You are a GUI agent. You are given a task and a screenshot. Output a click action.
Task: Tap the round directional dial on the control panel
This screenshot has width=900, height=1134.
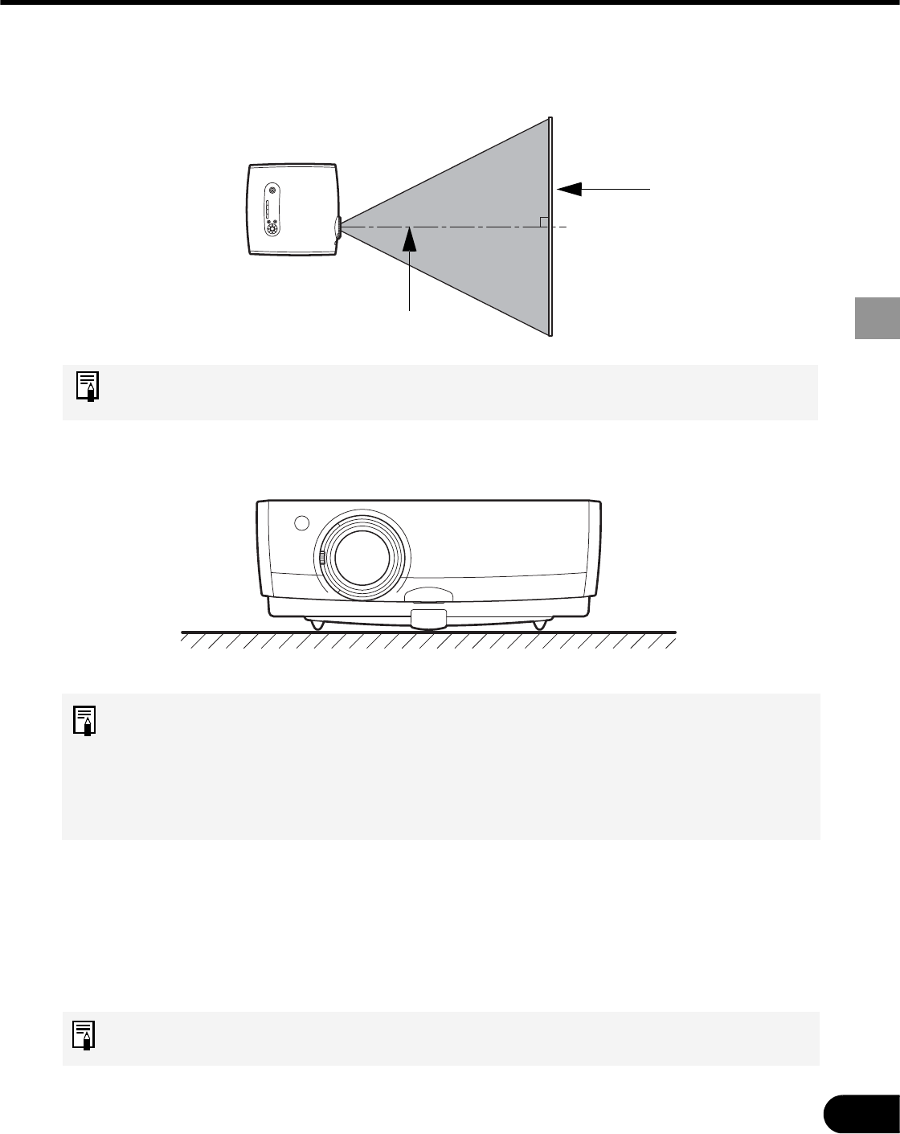[272, 228]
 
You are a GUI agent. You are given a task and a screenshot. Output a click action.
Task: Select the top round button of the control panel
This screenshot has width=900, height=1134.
[272, 190]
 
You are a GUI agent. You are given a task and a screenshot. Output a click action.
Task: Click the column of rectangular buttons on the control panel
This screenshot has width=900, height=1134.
[268, 210]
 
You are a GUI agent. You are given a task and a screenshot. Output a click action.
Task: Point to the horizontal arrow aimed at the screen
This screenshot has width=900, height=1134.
[603, 188]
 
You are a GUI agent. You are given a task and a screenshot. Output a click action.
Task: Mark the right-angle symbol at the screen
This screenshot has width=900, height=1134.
[544, 222]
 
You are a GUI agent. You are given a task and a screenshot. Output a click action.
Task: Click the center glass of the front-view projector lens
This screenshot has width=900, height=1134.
[362, 557]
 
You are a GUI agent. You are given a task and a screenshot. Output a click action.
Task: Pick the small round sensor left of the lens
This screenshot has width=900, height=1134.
[301, 522]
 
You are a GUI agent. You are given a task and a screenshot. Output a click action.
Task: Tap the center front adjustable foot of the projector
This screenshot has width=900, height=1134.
[428, 619]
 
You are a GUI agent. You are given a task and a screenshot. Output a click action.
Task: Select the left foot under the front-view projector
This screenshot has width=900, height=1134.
[314, 624]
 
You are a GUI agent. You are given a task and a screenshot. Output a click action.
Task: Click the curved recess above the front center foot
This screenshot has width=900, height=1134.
[427, 596]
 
